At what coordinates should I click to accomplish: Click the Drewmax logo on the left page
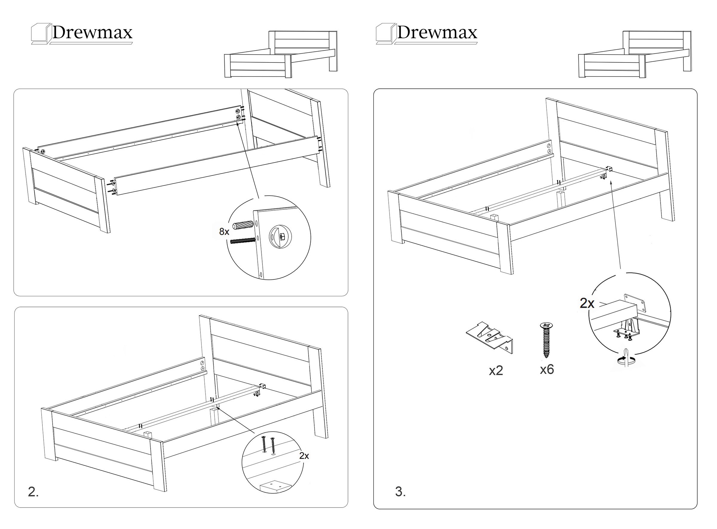click(82, 33)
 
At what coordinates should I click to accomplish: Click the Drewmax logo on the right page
click(427, 33)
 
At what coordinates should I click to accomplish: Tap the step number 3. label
click(400, 491)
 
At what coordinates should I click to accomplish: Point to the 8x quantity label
click(224, 232)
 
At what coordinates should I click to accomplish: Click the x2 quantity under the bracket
click(496, 371)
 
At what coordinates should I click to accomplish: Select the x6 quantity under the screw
click(547, 369)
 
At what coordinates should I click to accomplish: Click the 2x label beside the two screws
click(304, 456)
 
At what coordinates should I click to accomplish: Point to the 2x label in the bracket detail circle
click(587, 303)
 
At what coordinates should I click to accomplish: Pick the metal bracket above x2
click(489, 338)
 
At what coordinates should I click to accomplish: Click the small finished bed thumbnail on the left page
click(281, 54)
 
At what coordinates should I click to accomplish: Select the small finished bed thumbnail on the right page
click(635, 54)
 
